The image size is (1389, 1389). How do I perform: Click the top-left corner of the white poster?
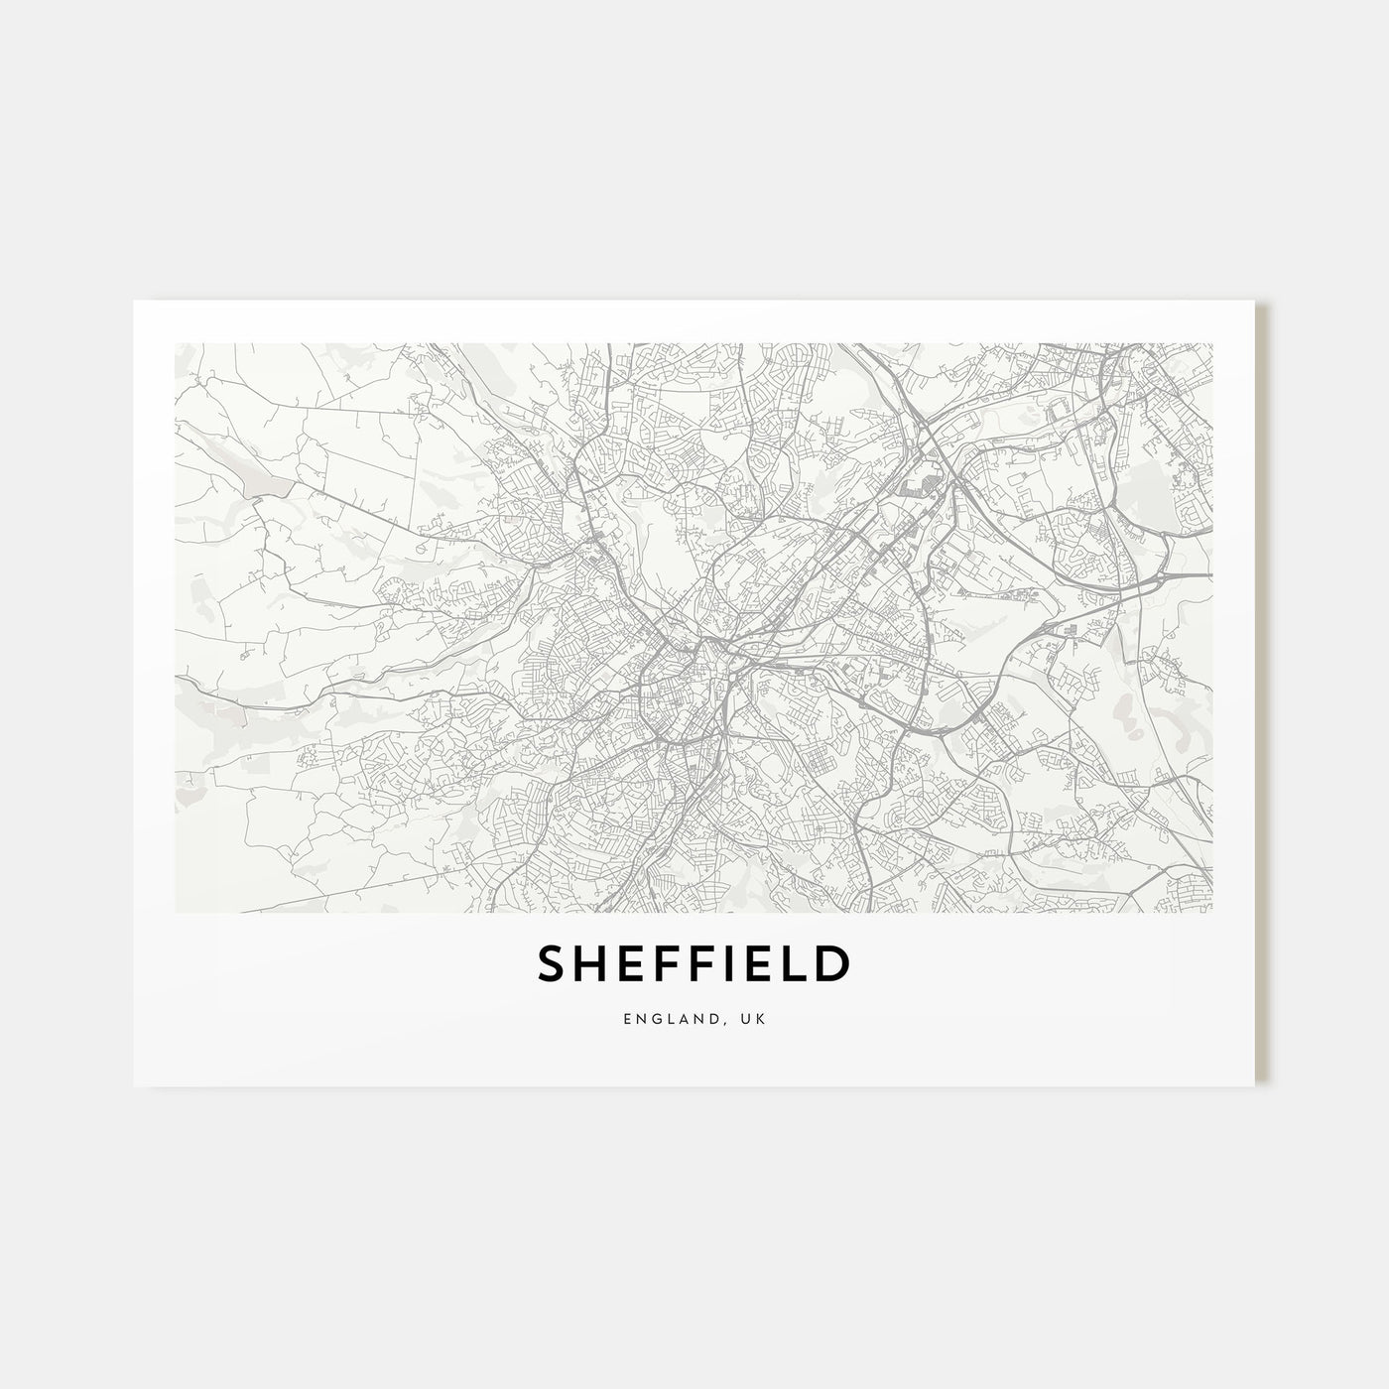[134, 301]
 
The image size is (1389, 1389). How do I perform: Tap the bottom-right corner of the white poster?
[1255, 1085]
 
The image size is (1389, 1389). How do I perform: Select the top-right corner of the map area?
[1212, 343]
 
